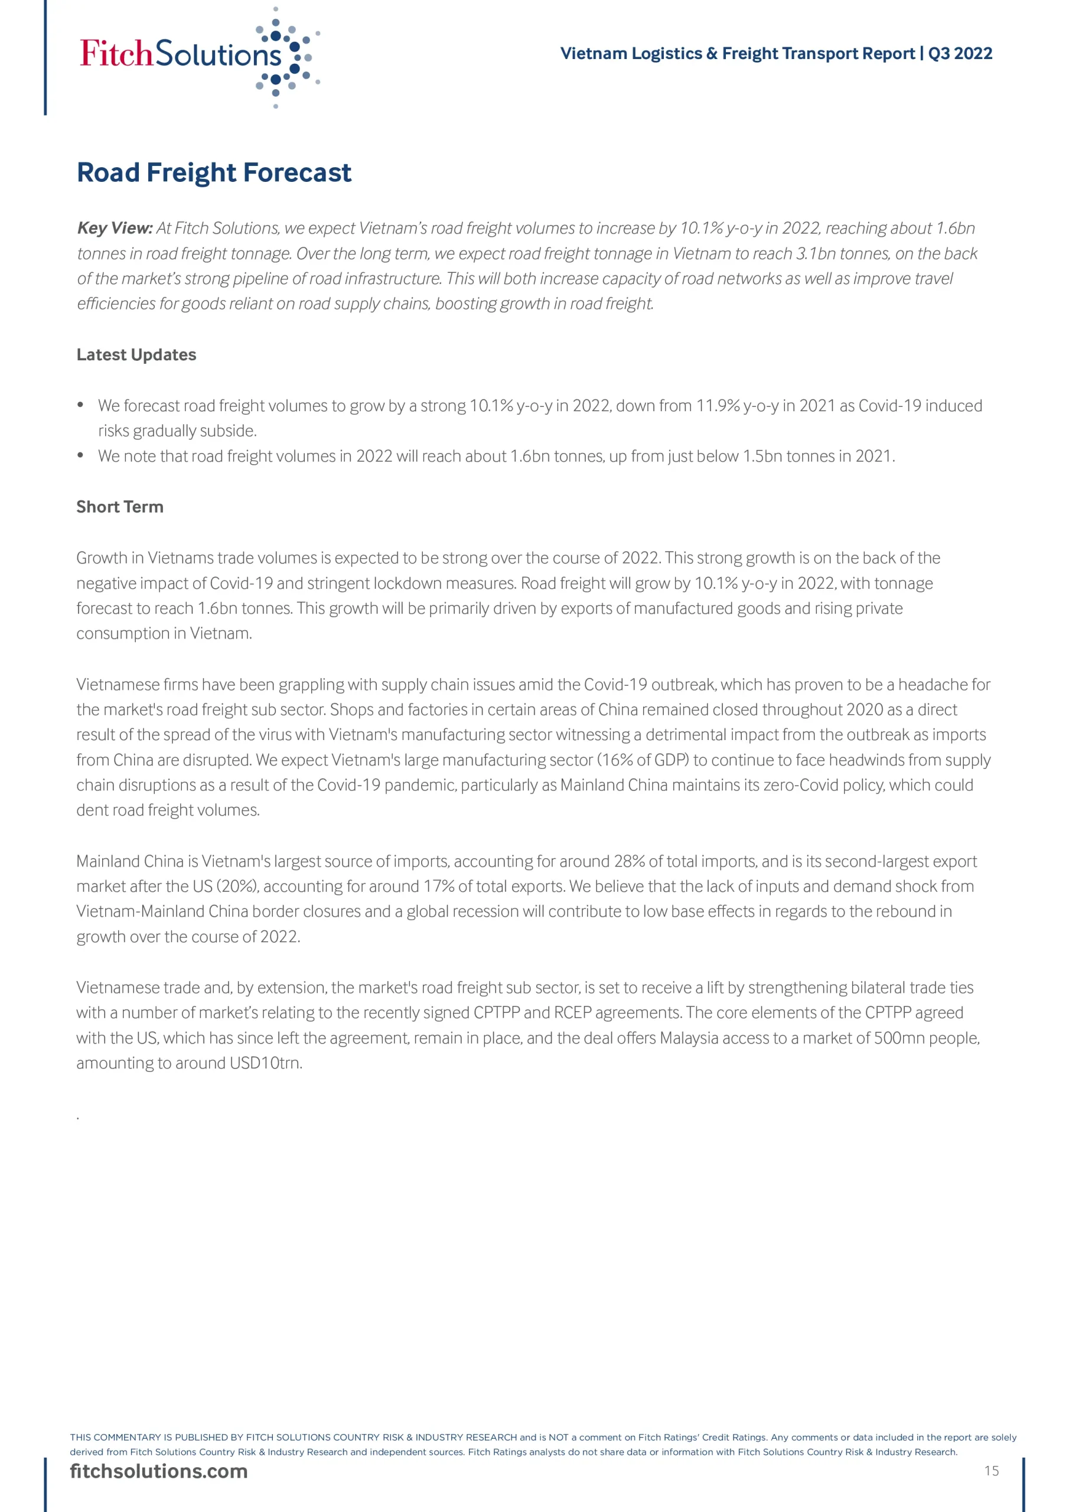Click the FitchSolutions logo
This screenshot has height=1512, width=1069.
198,56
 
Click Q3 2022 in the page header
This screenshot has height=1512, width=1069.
960,53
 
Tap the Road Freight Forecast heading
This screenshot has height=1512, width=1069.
214,172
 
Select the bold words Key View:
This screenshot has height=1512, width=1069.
115,228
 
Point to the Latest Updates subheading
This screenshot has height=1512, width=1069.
136,355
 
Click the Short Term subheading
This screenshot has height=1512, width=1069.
120,507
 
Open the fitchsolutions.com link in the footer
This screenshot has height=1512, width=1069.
159,1471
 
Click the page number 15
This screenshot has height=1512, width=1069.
991,1471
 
